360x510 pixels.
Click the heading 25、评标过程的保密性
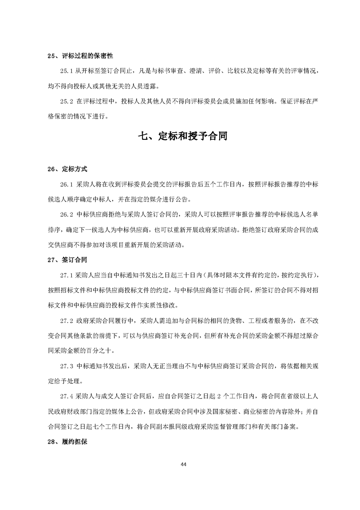click(x=80, y=56)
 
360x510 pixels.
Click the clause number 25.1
click(x=66, y=71)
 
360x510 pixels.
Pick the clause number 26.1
click(x=66, y=185)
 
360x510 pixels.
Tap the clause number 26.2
click(x=66, y=215)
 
